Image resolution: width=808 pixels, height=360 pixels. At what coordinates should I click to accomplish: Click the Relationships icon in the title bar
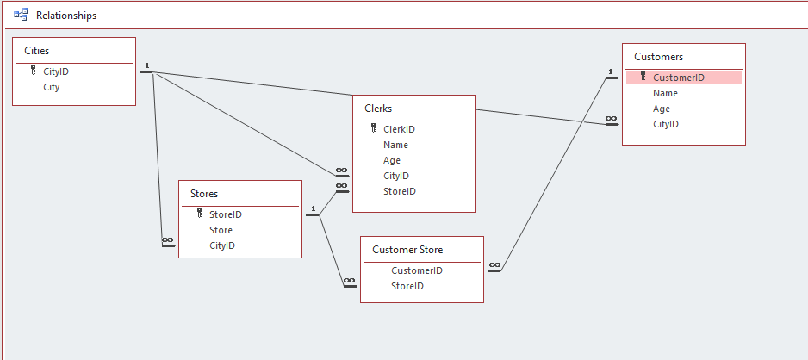click(x=21, y=15)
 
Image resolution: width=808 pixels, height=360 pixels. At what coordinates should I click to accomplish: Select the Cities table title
click(x=36, y=51)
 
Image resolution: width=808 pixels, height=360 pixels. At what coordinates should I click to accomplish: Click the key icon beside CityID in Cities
click(x=34, y=71)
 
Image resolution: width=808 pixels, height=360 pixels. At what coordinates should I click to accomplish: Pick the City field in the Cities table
click(x=52, y=87)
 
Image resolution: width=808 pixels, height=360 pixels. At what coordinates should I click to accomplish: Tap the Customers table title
click(x=659, y=57)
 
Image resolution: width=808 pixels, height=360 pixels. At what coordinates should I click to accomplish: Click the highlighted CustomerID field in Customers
click(x=678, y=78)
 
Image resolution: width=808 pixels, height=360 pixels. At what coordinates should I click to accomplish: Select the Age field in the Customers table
click(x=662, y=109)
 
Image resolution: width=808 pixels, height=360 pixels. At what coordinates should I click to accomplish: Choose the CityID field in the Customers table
click(x=666, y=124)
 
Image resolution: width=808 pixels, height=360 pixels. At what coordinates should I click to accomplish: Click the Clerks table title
click(x=378, y=109)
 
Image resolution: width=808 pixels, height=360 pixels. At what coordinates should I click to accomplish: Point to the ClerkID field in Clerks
click(x=399, y=129)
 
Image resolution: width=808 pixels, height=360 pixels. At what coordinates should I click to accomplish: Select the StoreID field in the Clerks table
click(x=400, y=191)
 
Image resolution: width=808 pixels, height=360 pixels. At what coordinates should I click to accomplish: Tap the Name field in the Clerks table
click(x=395, y=145)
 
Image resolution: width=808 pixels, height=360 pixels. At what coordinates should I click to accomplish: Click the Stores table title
click(x=204, y=194)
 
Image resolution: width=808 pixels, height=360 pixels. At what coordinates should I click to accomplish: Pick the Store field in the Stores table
click(x=221, y=230)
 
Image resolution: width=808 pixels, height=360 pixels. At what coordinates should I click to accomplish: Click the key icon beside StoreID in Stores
click(x=200, y=214)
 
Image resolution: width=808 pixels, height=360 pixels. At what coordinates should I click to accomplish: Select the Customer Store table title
click(x=407, y=250)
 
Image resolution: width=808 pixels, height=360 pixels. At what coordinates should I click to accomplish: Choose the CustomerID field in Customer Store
click(x=417, y=270)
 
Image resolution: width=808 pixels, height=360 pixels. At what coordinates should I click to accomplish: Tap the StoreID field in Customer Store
click(x=407, y=286)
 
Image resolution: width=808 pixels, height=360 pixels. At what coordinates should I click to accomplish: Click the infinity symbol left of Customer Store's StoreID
click(x=350, y=281)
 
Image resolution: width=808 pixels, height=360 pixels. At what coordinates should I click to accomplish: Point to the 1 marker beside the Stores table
click(x=313, y=208)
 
